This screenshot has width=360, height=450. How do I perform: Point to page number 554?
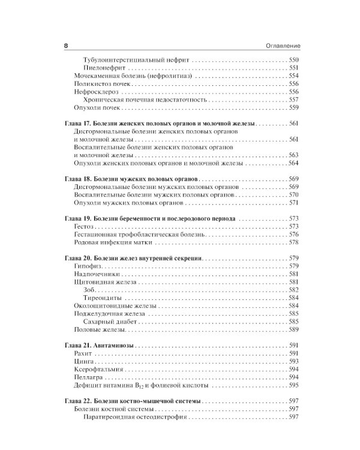(x=293, y=77)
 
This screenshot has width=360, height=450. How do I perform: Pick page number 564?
(x=293, y=163)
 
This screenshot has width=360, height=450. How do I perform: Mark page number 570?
(x=293, y=195)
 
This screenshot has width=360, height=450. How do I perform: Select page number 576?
(x=293, y=235)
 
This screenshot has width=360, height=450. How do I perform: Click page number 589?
(x=293, y=329)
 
